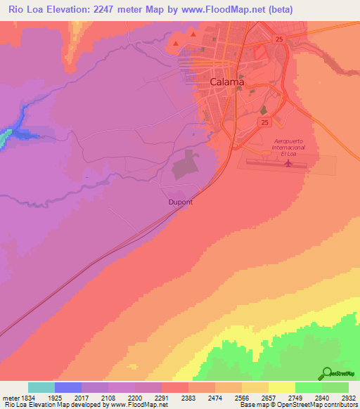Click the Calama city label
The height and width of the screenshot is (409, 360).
tap(227, 82)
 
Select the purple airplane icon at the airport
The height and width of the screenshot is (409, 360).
tap(288, 164)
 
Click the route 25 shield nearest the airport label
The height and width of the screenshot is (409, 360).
tap(264, 122)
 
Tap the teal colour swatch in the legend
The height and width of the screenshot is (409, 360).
tap(41, 387)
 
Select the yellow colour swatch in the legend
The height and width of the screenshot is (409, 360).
tap(281, 387)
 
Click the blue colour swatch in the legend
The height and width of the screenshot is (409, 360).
tap(67, 387)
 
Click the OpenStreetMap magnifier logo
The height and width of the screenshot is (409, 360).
tap(326, 374)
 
